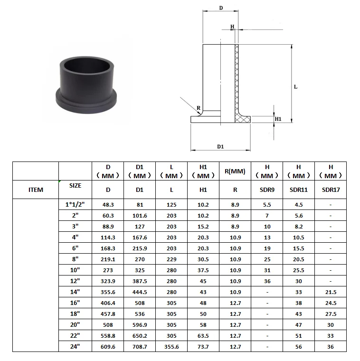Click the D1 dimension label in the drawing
pyautogui.click(x=220, y=147)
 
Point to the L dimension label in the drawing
pyautogui.click(x=295, y=87)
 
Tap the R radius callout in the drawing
pyautogui.click(x=198, y=108)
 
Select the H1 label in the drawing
pyautogui.click(x=279, y=119)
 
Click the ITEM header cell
pyautogui.click(x=36, y=190)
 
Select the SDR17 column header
pyautogui.click(x=331, y=190)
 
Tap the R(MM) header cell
pyautogui.click(x=235, y=171)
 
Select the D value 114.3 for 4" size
pyautogui.click(x=108, y=237)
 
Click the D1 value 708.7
pyautogui.click(x=140, y=347)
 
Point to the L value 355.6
pyautogui.click(x=171, y=347)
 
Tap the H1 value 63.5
pyautogui.click(x=203, y=336)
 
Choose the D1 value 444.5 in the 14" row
pyautogui.click(x=140, y=292)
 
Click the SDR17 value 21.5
pyautogui.click(x=331, y=292)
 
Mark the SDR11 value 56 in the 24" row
pyautogui.click(x=299, y=347)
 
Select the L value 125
pyautogui.click(x=171, y=205)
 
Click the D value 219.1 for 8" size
pyautogui.click(x=108, y=259)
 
